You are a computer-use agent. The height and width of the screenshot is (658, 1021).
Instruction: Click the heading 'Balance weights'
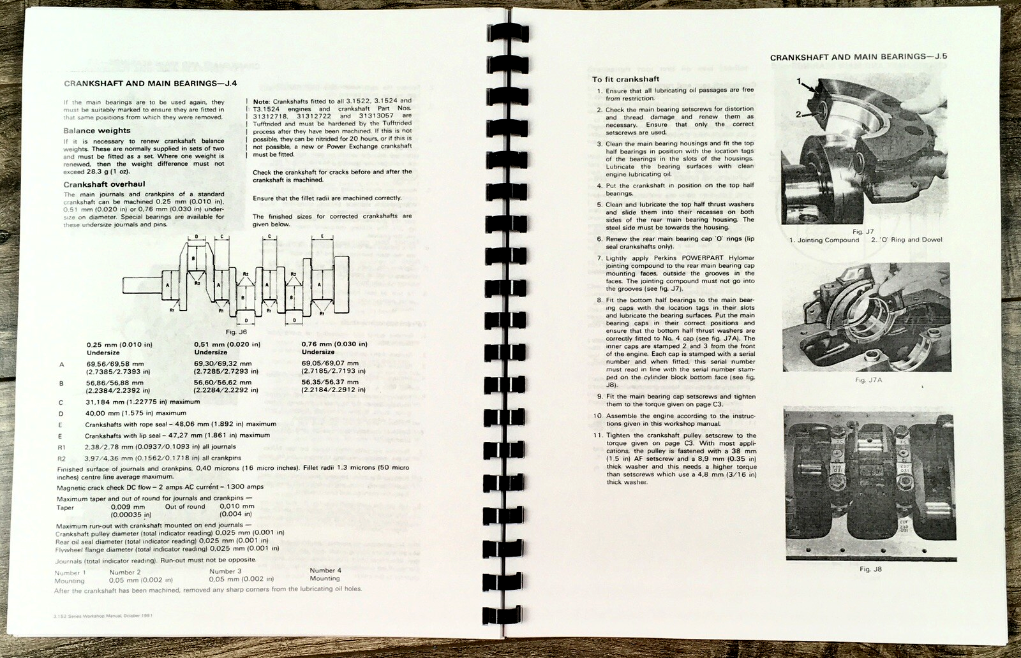[96, 131]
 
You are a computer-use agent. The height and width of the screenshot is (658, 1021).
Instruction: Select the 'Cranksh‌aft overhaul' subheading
[104, 184]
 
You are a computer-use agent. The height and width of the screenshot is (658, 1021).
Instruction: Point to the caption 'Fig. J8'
[870, 569]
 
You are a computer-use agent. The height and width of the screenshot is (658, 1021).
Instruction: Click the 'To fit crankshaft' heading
[625, 79]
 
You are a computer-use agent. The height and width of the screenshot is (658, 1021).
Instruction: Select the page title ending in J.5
[858, 57]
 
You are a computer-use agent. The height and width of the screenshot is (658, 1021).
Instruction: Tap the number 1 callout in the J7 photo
[799, 82]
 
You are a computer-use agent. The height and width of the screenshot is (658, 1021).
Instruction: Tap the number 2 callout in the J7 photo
[798, 113]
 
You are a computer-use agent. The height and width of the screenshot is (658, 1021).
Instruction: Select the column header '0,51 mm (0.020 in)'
[227, 344]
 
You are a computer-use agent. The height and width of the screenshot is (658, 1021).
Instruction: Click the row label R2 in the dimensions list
[62, 458]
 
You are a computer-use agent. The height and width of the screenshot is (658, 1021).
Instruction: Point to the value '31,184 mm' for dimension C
[107, 402]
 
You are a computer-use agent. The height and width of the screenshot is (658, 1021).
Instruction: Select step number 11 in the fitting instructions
[597, 435]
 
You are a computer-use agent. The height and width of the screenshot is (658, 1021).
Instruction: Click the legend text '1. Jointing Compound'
[824, 240]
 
